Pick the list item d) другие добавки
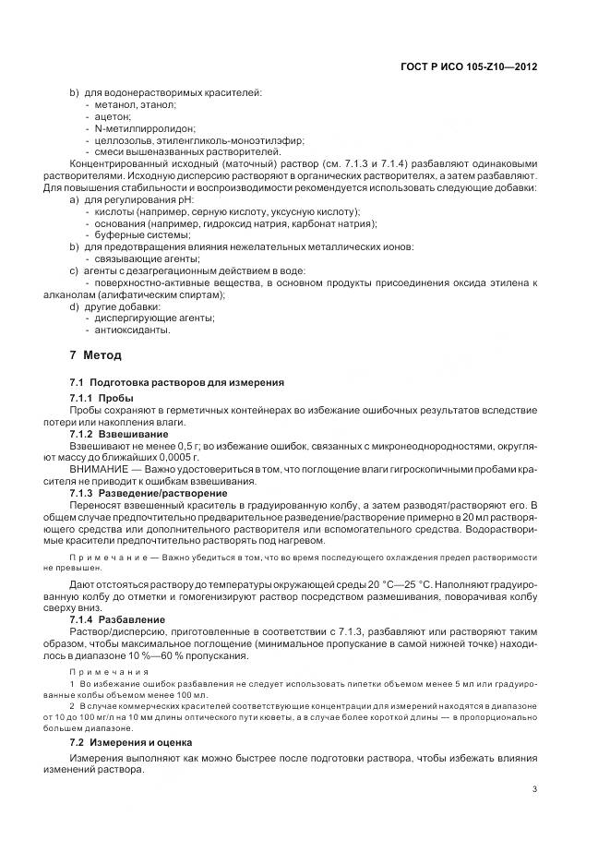(116, 306)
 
